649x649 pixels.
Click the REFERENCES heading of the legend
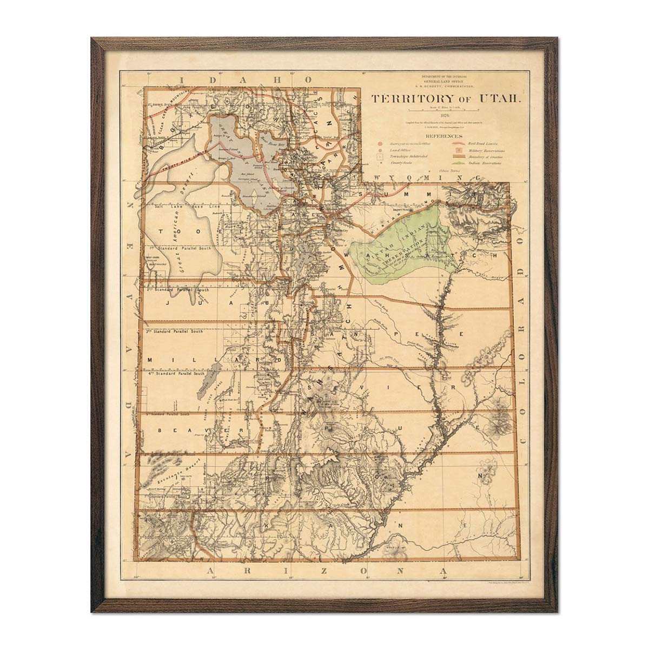pos(443,136)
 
